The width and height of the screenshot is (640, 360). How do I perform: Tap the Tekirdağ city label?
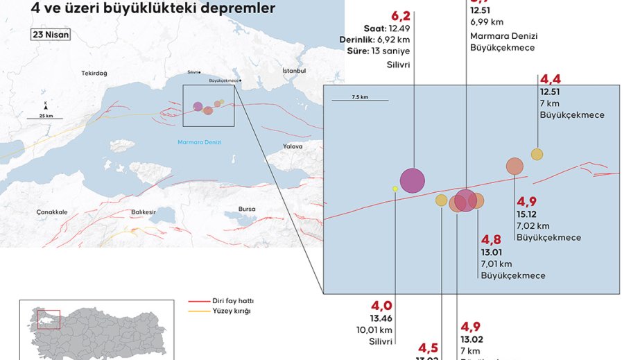[94, 73]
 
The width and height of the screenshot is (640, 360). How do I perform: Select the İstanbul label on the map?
[294, 71]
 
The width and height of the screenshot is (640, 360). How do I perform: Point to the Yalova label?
[293, 146]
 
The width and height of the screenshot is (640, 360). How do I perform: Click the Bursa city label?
[246, 209]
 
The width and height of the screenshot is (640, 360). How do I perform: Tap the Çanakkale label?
[52, 212]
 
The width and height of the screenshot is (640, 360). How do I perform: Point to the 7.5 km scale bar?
[360, 101]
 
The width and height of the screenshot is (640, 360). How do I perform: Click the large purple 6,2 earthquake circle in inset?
[412, 180]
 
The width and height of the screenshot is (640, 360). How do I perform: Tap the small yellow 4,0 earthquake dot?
[395, 189]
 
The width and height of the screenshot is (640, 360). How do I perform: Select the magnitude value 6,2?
[401, 16]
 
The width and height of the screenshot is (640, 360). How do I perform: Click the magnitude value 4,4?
[549, 79]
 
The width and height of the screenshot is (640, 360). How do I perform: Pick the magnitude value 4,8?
[491, 240]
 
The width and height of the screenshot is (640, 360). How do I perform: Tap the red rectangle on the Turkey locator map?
[51, 319]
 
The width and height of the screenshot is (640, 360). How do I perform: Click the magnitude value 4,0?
[382, 306]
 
